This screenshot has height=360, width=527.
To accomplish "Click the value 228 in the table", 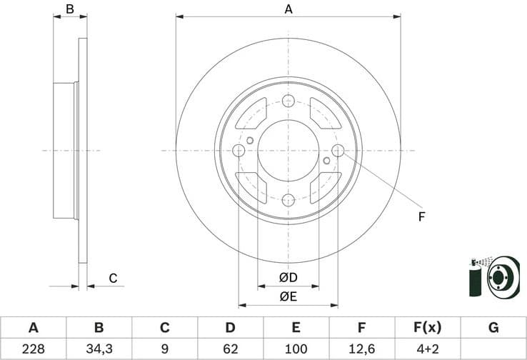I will (x=33, y=349).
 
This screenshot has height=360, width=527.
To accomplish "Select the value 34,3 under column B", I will (x=99, y=349).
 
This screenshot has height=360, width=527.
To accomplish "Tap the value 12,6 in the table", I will (x=361, y=349).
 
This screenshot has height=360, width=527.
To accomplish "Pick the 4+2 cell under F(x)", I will (x=427, y=349).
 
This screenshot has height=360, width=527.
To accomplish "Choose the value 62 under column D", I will (x=230, y=349).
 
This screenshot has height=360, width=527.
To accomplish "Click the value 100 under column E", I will (x=296, y=349).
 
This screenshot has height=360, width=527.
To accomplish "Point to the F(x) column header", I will (x=427, y=328).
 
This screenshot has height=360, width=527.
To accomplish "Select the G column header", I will (x=493, y=328).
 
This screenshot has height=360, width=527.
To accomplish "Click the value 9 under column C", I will (x=164, y=349).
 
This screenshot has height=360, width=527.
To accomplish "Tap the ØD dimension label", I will (x=288, y=276).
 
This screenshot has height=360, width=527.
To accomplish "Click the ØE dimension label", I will (x=288, y=295).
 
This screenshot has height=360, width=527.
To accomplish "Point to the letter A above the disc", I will (x=288, y=9).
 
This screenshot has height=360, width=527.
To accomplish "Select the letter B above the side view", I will (x=70, y=9).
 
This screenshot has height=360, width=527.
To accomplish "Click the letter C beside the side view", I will (x=112, y=278).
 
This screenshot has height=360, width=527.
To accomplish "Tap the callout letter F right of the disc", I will (x=421, y=216).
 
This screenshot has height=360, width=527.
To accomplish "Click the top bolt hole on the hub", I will (x=288, y=101).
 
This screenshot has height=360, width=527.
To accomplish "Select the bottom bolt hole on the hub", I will (x=288, y=200).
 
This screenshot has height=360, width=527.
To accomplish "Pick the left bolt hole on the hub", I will (x=239, y=150).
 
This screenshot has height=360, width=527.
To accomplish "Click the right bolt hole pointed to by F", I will (x=338, y=150).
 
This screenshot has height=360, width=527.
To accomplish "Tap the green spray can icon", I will (x=476, y=279).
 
